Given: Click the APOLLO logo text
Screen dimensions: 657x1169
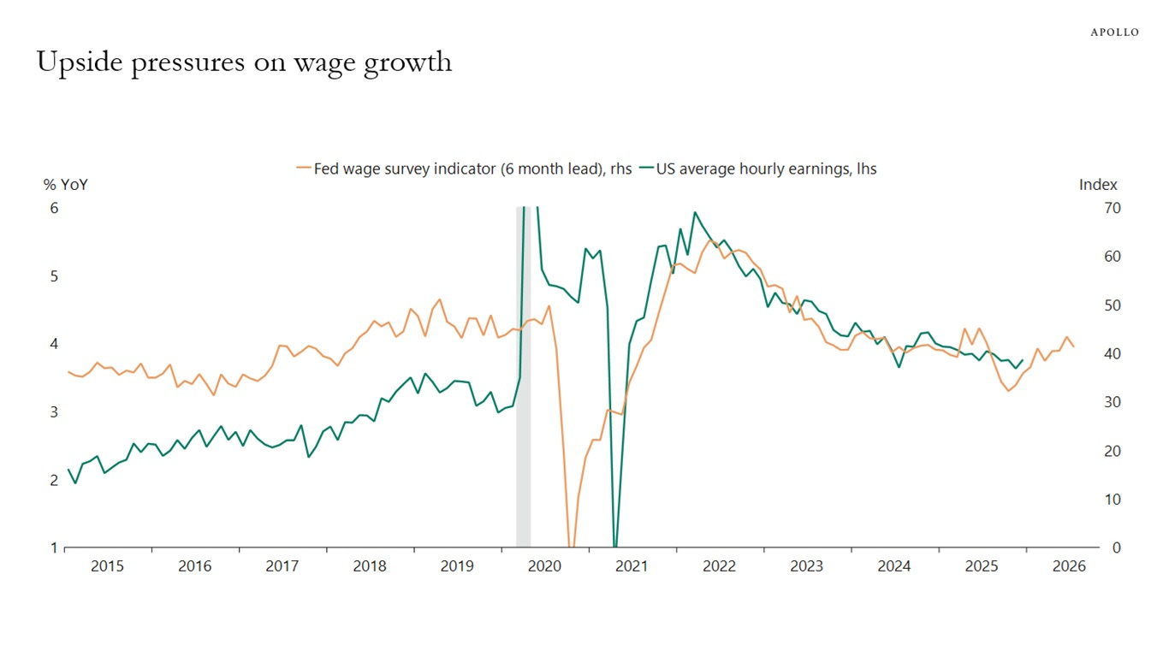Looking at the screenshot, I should point(1114,33).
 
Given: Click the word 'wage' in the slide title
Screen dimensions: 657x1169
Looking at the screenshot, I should point(323,63).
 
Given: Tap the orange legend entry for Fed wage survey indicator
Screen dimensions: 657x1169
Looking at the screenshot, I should point(463,169).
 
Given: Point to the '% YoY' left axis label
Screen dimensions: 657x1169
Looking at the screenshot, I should point(66,185).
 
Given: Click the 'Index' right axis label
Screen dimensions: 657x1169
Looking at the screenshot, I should point(1098,185).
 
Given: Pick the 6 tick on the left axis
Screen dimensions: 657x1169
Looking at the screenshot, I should point(54,208).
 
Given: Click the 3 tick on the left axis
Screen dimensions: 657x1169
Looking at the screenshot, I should point(54,412).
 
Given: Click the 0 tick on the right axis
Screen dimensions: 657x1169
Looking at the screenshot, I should point(1117,547).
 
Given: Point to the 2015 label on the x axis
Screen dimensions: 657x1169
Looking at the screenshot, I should point(107,566).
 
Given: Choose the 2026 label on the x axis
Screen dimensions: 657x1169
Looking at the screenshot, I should point(1069,566).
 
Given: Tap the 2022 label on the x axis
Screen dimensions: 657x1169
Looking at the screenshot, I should point(719,566).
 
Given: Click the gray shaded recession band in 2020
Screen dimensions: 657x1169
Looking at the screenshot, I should point(523,376).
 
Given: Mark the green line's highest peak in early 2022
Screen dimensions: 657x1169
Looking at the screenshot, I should point(694,212).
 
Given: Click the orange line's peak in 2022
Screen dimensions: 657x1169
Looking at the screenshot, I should point(709,240).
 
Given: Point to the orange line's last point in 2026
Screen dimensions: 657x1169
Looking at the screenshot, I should point(1074,346).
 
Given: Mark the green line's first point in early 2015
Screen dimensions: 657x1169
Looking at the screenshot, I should point(68,470).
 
